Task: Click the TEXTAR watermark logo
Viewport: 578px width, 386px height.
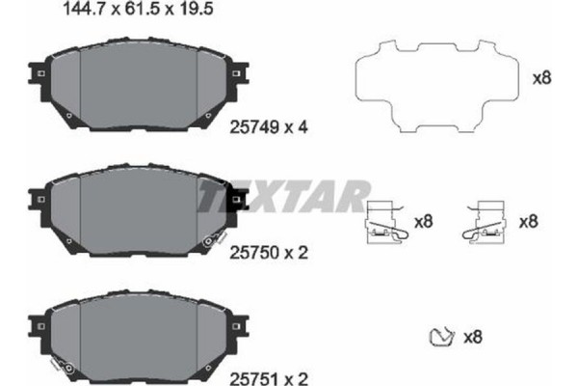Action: [x=283, y=198]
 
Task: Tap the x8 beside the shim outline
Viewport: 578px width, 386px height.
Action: [x=541, y=78]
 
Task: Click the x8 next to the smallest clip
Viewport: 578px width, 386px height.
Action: [x=472, y=337]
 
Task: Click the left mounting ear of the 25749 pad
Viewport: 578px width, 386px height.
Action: [x=36, y=74]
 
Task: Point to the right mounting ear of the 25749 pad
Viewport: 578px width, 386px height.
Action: [x=237, y=74]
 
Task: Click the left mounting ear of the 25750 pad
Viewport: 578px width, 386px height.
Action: [x=36, y=200]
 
